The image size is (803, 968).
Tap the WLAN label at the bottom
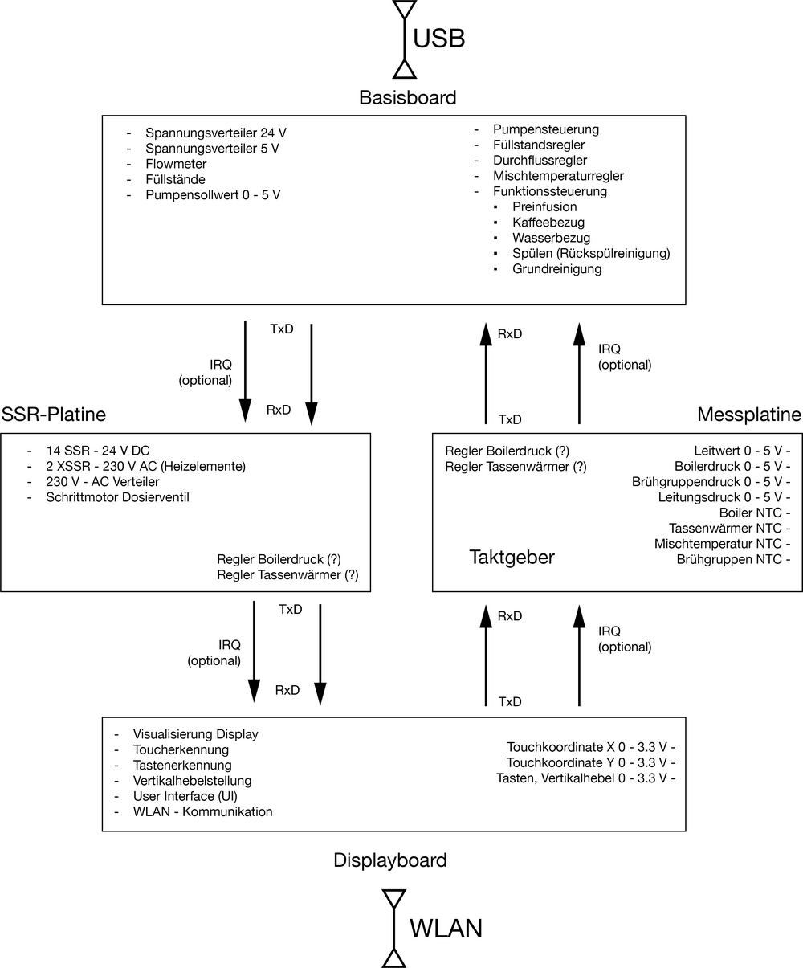click(446, 929)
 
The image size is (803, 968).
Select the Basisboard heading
click(408, 98)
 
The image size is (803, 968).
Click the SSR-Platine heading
click(53, 415)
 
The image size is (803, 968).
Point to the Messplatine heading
click(749, 415)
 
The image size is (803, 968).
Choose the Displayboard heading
click(390, 860)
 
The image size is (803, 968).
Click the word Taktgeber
click(512, 558)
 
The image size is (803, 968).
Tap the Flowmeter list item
click(176, 164)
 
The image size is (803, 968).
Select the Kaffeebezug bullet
click(548, 223)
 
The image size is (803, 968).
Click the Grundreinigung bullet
click(556, 269)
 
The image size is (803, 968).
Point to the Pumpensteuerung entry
click(546, 129)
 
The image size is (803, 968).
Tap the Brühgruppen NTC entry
click(728, 559)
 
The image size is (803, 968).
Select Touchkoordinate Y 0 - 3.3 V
click(590, 762)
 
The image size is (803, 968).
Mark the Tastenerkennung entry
click(182, 765)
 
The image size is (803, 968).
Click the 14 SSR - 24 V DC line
click(99, 451)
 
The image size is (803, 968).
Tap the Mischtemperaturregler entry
click(558, 176)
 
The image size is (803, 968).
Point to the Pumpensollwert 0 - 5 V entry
click(213, 195)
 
